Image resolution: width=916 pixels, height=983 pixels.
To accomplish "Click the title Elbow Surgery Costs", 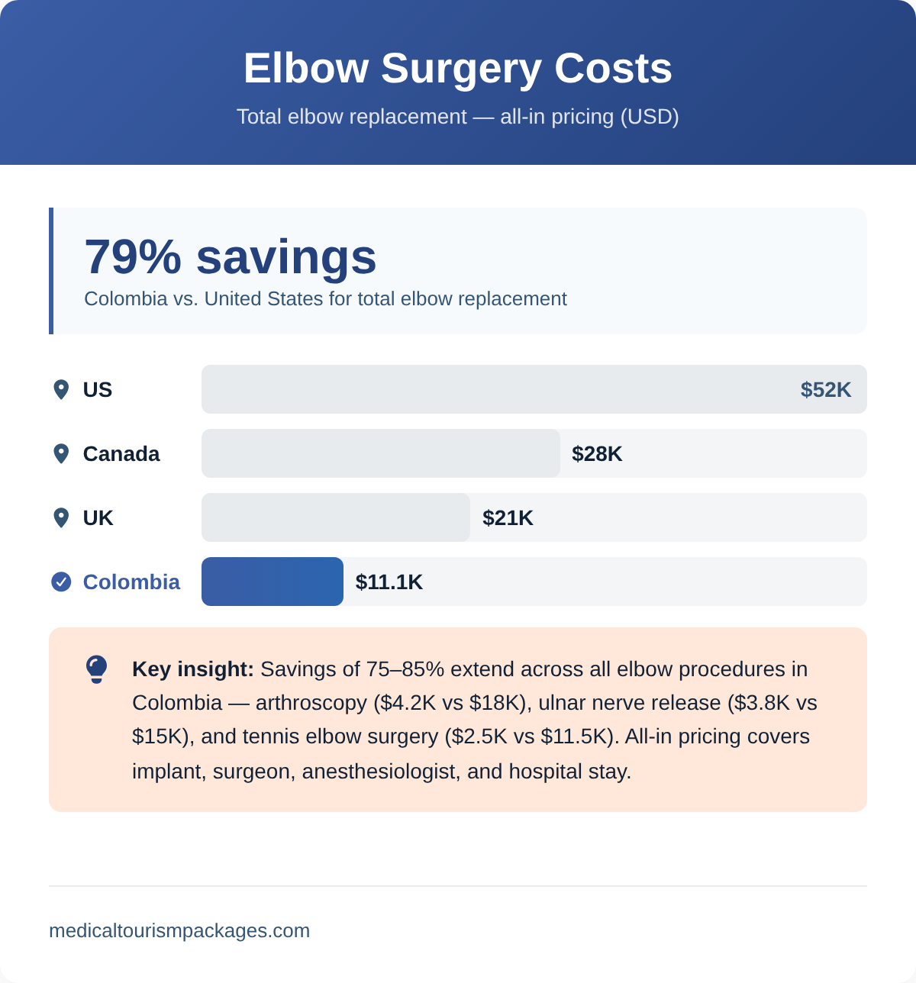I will pos(457,68).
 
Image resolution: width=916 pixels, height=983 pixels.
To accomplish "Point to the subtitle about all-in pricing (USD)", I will pos(457,117).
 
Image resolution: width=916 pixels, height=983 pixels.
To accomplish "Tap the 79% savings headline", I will pos(230,256).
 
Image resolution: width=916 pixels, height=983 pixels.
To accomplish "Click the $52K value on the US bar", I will pos(825,390).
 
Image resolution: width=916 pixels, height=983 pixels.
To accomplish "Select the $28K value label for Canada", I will pos(597,454).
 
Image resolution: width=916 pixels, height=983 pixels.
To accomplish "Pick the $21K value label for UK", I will pos(508,518).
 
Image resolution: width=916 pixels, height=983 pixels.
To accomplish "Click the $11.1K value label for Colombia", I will pos(389,582).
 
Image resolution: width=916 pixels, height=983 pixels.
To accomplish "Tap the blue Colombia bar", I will pos(272,582).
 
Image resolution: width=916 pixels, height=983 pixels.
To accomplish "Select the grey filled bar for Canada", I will pos(380,453).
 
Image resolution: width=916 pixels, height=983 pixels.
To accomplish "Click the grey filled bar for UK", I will pos(335,517).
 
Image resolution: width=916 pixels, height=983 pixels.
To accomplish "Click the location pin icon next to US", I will pos(61,389).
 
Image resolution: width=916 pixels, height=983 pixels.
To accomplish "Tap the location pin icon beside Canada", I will pos(61,453).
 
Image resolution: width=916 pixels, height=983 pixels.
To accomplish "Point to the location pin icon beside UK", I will pos(61,517).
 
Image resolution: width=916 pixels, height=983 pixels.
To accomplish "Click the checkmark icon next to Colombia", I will pos(61,582).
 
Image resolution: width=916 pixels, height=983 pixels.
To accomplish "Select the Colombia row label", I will pos(131,582).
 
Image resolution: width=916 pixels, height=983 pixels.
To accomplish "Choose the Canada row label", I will pos(121,454).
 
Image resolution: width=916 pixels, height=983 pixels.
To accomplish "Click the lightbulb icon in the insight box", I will pos(96,669).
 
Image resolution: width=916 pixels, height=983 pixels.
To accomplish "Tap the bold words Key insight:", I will pos(192,669).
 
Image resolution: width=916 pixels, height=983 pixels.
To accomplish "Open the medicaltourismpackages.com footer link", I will pos(179,931).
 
